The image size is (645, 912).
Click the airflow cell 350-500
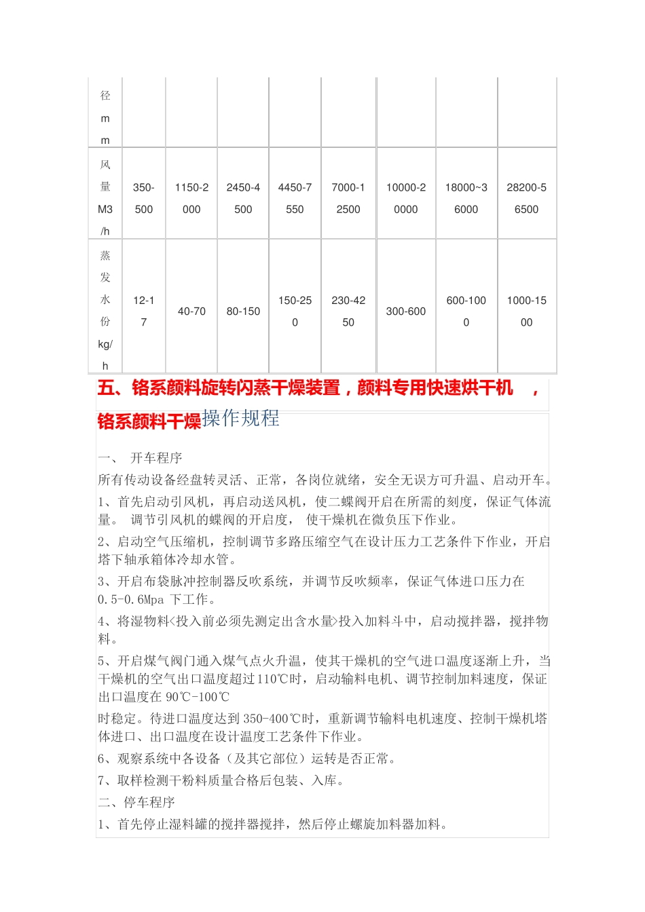144,198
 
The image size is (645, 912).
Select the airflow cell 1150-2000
191,198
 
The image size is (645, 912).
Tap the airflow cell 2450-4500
243,198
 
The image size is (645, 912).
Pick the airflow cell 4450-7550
295,198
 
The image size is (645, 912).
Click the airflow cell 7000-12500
348,198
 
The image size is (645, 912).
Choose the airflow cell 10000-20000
406,198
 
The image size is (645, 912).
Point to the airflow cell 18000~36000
466,198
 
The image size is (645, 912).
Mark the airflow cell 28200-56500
526,198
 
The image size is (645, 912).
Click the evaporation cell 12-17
144,311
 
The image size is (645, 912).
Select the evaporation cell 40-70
191,311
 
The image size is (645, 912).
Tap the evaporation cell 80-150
243,311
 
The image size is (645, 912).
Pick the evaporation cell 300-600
406,311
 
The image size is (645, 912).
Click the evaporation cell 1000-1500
526,311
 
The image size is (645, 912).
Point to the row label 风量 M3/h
105,197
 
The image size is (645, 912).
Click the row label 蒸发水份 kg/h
105,311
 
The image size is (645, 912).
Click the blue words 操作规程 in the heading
241,419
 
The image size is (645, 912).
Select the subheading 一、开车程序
140,458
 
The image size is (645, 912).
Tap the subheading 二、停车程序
136,802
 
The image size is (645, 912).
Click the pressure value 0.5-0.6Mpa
131,600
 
